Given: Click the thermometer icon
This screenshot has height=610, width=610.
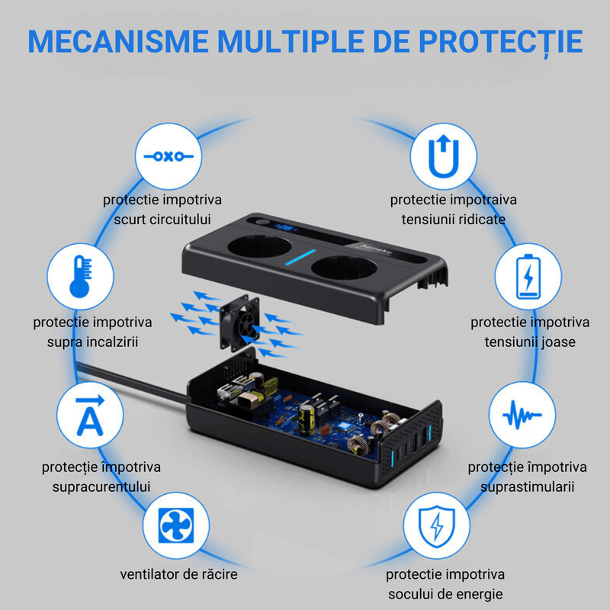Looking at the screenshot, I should (x=80, y=275).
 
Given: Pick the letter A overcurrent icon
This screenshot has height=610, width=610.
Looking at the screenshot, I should (x=90, y=416).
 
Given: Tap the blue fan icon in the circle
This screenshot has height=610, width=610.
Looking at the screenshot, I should (x=177, y=527).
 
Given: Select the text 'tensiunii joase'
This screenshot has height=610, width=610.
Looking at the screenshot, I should (x=530, y=342).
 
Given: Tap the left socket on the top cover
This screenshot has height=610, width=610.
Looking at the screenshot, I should (x=258, y=259).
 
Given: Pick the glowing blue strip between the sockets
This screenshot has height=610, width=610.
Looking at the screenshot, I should (x=310, y=258).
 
